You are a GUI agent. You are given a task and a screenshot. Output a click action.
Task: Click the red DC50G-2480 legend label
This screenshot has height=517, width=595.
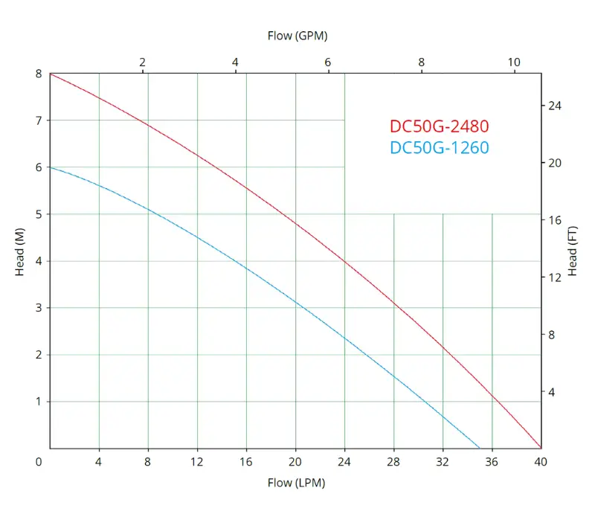pyautogui.click(x=439, y=126)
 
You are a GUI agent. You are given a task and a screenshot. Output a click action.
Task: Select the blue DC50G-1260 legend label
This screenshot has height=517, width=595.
pyautogui.click(x=439, y=148)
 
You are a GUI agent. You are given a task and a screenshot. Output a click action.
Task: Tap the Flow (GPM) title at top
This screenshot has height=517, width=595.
pyautogui.click(x=297, y=35)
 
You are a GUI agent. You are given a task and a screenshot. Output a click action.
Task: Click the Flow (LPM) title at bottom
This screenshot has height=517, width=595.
pyautogui.click(x=297, y=483)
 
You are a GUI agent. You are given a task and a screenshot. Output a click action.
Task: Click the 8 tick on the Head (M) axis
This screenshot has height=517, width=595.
pyautogui.click(x=39, y=74)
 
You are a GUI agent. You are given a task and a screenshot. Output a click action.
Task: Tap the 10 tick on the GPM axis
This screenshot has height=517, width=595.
pyautogui.click(x=514, y=62)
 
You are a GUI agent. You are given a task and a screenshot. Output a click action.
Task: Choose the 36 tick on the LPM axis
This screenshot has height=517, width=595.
pyautogui.click(x=492, y=461)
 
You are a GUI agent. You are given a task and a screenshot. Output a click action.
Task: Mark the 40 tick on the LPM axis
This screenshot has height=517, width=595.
pyautogui.click(x=541, y=461)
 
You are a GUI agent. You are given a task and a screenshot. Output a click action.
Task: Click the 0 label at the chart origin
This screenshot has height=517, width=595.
pyautogui.click(x=39, y=461)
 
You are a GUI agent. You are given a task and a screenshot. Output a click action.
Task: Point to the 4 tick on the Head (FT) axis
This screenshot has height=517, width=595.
pyautogui.click(x=551, y=392)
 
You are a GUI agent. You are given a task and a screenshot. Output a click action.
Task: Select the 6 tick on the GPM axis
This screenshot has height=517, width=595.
pyautogui.click(x=328, y=62)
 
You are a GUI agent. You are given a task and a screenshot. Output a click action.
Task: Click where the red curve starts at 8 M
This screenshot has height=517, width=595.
pyautogui.click(x=50, y=74)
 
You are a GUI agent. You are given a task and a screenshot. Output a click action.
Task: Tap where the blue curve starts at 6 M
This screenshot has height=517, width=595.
pyautogui.click(x=50, y=167)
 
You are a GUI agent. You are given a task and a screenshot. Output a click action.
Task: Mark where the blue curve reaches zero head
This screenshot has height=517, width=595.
pyautogui.click(x=480, y=448)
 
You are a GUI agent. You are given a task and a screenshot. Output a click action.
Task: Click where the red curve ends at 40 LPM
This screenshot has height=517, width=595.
pyautogui.click(x=541, y=448)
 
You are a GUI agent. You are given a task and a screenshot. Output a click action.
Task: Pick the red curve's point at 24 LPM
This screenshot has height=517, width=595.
pyautogui.click(x=344, y=260)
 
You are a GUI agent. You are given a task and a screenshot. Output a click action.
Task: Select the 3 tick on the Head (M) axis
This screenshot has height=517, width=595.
pyautogui.click(x=39, y=307)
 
